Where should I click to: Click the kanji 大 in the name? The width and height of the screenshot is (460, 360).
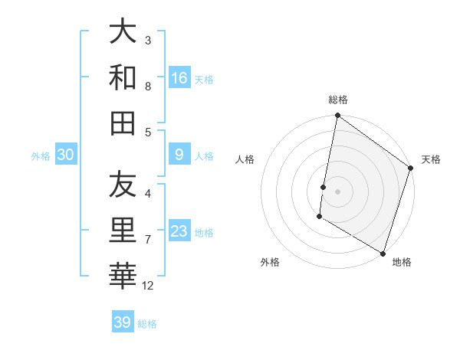(x=123, y=31)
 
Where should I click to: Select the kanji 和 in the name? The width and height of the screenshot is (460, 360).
(x=123, y=77)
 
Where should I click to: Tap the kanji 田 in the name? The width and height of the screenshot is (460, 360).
(x=123, y=123)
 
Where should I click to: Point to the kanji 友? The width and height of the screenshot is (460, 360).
(x=123, y=185)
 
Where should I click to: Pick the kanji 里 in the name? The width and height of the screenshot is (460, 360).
(x=123, y=231)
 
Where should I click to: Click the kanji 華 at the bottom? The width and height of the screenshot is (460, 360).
(x=123, y=277)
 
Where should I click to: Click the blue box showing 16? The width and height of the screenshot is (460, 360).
(x=179, y=77)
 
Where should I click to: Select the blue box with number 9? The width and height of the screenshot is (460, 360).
(x=179, y=155)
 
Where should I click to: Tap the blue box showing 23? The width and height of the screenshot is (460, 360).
(x=179, y=231)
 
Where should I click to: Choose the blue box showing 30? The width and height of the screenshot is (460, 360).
(x=66, y=155)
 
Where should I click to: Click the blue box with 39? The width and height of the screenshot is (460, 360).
(x=123, y=322)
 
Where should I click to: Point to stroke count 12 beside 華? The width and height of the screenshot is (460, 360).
(x=149, y=286)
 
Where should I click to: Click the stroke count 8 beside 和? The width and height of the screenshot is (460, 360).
(x=148, y=86)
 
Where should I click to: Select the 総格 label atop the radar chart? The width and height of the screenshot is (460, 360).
(x=338, y=100)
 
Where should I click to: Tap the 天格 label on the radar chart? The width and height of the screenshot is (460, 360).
(x=431, y=159)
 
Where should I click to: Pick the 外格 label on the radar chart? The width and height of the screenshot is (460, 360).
(x=270, y=262)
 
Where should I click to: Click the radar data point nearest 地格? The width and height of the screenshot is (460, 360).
(x=382, y=253)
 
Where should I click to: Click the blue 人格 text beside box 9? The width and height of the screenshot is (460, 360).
(x=204, y=156)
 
